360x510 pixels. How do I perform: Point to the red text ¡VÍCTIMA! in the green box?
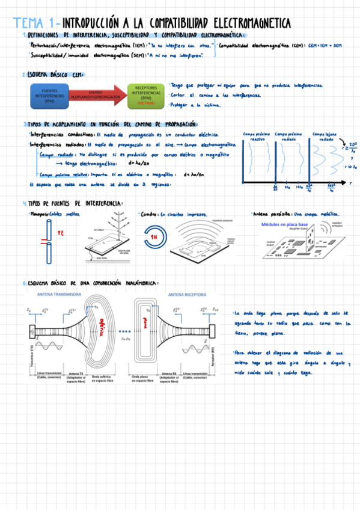click(x=146, y=103)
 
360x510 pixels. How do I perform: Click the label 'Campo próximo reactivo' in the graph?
click(x=257, y=136)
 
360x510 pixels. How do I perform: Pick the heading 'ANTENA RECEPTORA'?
click(x=188, y=295)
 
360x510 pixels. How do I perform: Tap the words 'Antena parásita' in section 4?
click(x=270, y=214)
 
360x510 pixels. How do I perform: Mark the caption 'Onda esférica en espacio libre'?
click(x=102, y=378)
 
